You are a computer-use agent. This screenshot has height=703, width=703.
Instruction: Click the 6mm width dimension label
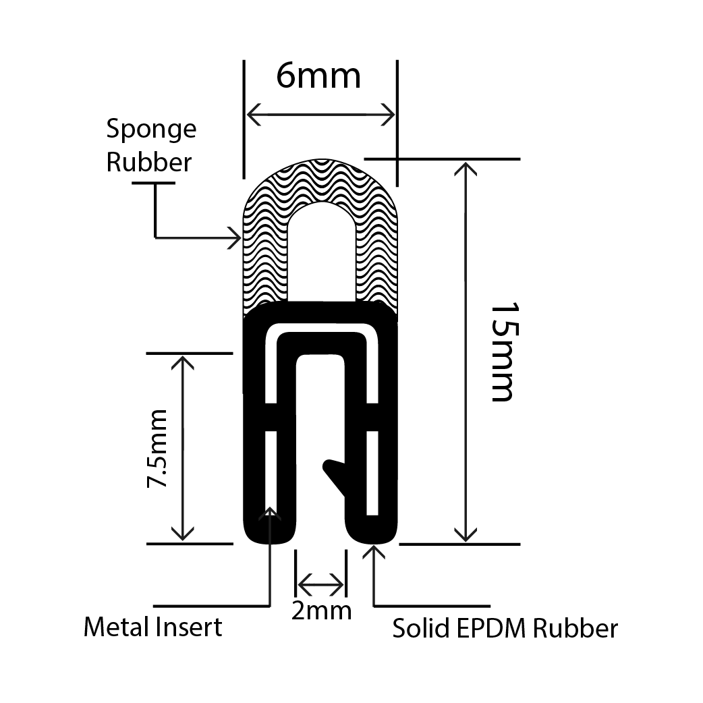[x=318, y=76]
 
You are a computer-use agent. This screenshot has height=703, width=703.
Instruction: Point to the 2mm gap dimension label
[x=321, y=610]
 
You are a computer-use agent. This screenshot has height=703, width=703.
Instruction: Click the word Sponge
[x=151, y=130]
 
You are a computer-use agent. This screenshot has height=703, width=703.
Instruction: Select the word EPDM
[x=495, y=629]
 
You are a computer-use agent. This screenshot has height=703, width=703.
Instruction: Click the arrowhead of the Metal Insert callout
[x=271, y=514]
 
